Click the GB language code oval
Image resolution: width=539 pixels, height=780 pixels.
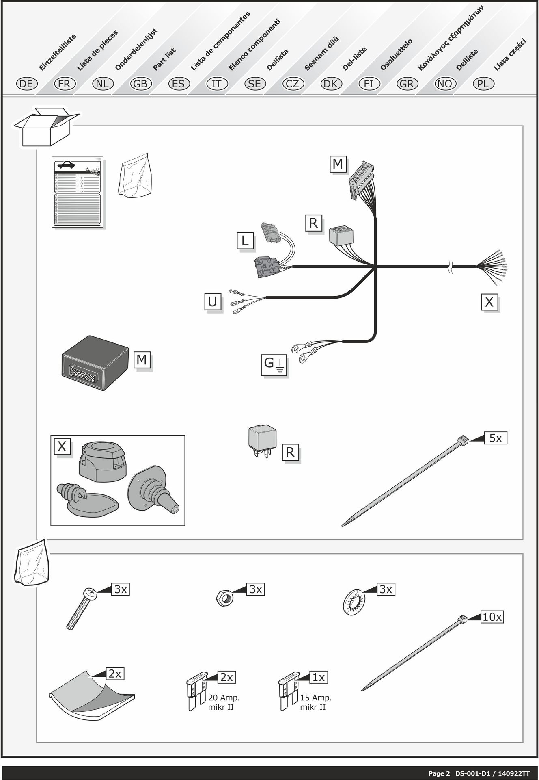tap(140, 84)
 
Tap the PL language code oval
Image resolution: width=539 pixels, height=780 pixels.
tap(483, 84)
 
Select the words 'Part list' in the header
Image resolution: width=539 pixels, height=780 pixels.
tap(164, 59)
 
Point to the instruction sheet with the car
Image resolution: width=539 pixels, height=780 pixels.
tap(77, 192)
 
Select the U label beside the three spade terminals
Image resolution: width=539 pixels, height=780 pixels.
tap(212, 302)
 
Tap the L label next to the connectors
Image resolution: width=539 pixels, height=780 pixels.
tap(245, 241)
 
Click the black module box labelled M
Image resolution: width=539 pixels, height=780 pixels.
tap(94, 363)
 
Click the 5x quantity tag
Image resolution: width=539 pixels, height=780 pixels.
tap(496, 438)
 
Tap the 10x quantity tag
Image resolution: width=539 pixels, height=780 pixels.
tap(492, 617)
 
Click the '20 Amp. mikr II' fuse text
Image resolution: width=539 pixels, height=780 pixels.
tap(224, 702)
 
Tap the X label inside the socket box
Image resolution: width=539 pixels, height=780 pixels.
tap(62, 446)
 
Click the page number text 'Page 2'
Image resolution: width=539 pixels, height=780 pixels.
tap(439, 773)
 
